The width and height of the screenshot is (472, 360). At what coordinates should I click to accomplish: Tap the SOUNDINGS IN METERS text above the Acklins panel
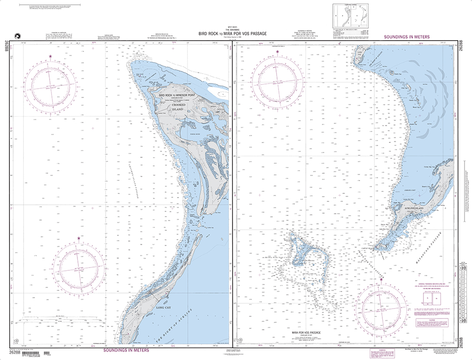[x=412, y=36]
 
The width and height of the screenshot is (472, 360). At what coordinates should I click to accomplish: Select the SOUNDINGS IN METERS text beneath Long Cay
[x=126, y=350]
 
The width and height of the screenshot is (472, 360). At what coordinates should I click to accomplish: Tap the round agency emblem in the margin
[x=18, y=36]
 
